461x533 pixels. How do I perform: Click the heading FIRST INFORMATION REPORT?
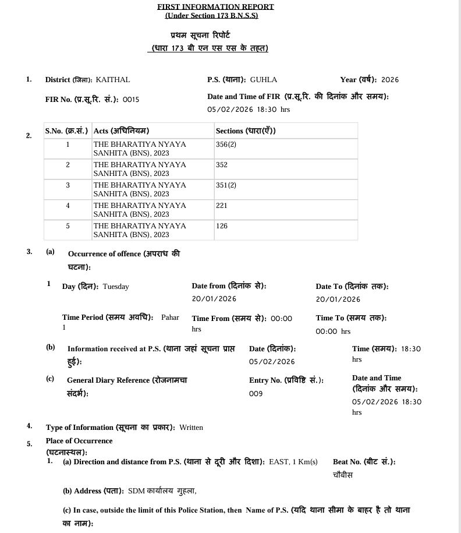[215, 6]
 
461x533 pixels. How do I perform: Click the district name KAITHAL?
[113, 80]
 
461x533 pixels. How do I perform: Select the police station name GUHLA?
[264, 80]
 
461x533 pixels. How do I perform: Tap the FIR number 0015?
[131, 100]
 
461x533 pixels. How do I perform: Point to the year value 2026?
[390, 80]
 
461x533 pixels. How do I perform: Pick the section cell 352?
[222, 165]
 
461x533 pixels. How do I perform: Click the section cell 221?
[222, 206]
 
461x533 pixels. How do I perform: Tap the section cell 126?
[222, 226]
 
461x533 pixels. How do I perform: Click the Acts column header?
[125, 131]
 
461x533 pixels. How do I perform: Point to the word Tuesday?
[116, 287]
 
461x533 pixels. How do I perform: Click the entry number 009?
[256, 394]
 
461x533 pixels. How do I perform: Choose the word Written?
[191, 428]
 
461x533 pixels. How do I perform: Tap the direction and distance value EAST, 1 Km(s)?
[293, 462]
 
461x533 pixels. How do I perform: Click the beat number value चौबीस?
[343, 475]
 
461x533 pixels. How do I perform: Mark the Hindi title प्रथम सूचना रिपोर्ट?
[209, 36]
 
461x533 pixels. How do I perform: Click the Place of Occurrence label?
[79, 441]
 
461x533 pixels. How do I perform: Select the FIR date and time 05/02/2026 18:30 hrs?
[249, 110]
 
